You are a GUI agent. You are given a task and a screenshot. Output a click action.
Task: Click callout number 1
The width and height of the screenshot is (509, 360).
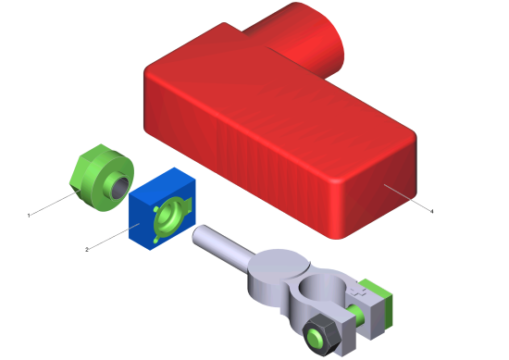(x=29, y=216)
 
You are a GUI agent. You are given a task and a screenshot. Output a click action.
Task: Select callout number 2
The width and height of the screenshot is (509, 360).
(x=87, y=250)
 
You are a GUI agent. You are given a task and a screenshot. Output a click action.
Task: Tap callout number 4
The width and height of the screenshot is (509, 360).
(x=432, y=211)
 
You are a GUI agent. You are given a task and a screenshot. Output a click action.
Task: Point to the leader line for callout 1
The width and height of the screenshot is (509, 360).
(x=54, y=204)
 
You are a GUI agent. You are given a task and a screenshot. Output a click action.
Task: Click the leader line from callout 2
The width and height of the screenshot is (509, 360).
(x=114, y=236)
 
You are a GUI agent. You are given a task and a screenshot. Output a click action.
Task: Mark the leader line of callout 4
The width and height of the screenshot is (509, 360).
(x=408, y=198)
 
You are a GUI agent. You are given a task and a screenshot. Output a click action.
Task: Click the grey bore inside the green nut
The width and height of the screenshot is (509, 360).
(x=121, y=187)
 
